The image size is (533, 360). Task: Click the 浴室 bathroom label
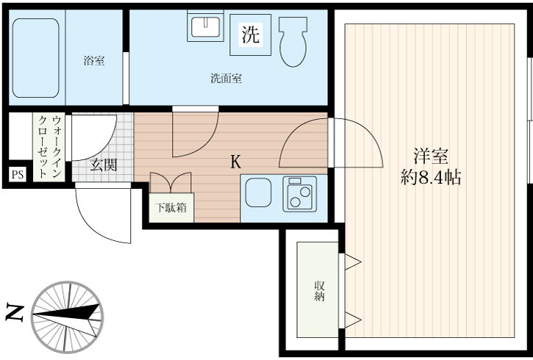(93, 62)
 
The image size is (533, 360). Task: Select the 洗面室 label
(226, 79)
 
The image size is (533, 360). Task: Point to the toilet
(293, 42)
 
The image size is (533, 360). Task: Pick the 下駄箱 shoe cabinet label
(171, 208)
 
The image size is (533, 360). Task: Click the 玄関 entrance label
(104, 165)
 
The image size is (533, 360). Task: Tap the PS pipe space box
(17, 175)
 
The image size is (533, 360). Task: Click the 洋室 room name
(430, 156)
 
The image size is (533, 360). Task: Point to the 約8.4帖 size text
(431, 177)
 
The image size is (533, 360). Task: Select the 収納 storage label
(319, 291)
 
